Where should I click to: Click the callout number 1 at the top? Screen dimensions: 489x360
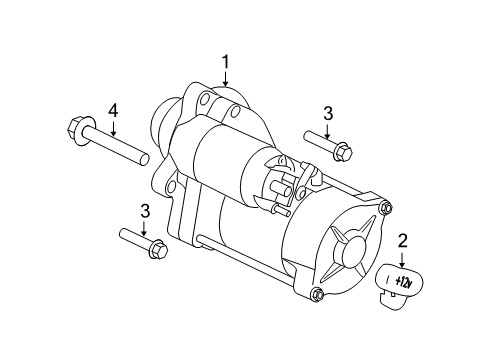(x=226, y=62)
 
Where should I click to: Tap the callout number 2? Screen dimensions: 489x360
(x=403, y=240)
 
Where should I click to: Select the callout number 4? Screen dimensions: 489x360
(x=113, y=111)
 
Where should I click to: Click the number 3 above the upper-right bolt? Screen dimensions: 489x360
(x=326, y=112)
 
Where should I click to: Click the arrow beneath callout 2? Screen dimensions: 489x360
(x=403, y=259)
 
